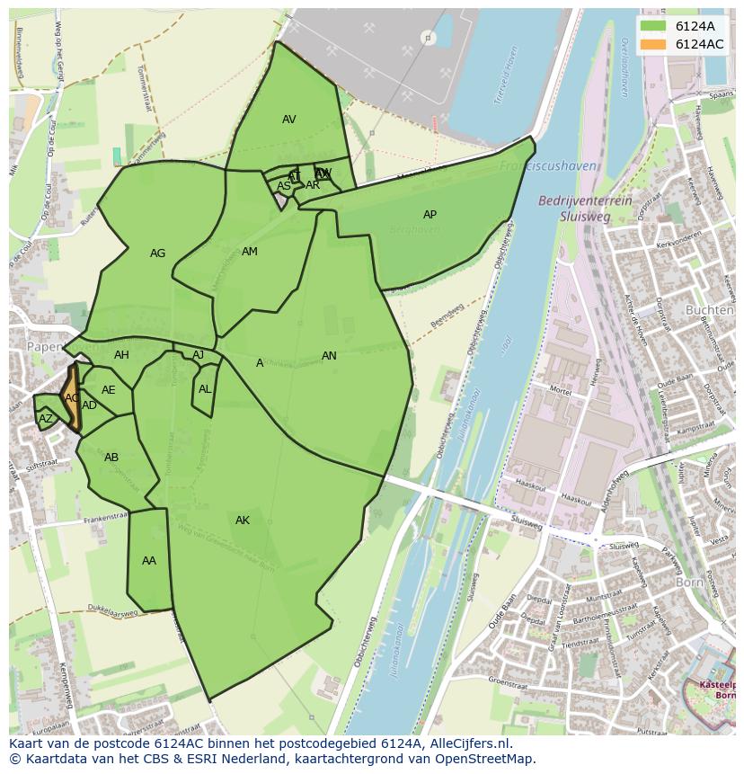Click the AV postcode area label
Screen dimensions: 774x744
(288, 120)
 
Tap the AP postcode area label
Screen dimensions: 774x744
(430, 215)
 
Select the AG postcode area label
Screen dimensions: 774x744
(157, 254)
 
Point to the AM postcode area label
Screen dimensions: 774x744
(250, 252)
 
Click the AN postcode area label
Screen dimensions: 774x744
(329, 356)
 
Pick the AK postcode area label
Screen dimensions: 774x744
(243, 520)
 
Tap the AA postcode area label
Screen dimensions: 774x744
(149, 561)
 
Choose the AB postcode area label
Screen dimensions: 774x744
(111, 458)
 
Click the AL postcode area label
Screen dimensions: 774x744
(205, 389)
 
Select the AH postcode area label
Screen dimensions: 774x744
(121, 355)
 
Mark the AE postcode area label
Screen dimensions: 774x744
(109, 390)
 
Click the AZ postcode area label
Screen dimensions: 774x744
(46, 419)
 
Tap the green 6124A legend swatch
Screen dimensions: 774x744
(653, 26)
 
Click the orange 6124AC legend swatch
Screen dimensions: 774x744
(653, 44)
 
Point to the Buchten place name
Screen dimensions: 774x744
(709, 310)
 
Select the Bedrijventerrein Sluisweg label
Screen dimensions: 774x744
(584, 209)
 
